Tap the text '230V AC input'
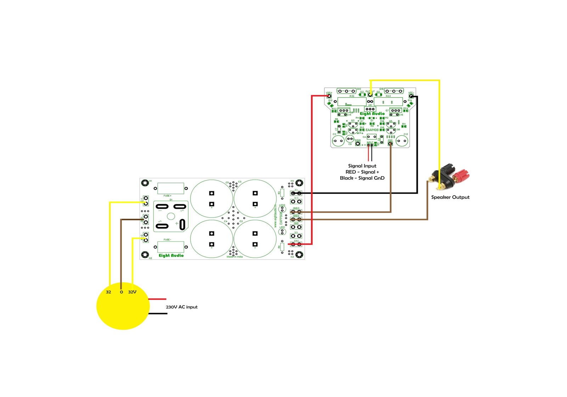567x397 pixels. click(181, 307)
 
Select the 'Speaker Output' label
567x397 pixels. click(450, 197)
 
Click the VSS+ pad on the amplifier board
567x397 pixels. click(329, 96)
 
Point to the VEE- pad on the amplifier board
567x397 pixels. click(411, 96)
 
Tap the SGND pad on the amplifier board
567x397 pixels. click(358, 144)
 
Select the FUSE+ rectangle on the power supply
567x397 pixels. click(170, 188)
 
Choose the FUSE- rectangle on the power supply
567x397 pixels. click(170, 247)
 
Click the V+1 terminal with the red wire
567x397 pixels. click(296, 244)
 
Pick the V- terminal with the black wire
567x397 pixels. click(296, 193)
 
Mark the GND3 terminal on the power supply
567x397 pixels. click(296, 212)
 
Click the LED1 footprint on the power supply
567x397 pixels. click(282, 232)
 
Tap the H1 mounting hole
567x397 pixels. click(145, 183)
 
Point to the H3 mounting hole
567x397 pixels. click(299, 255)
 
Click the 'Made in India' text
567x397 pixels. click(235, 257)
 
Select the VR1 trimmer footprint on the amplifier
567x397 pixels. click(370, 109)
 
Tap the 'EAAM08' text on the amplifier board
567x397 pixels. click(372, 130)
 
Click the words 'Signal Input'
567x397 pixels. click(362, 166)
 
